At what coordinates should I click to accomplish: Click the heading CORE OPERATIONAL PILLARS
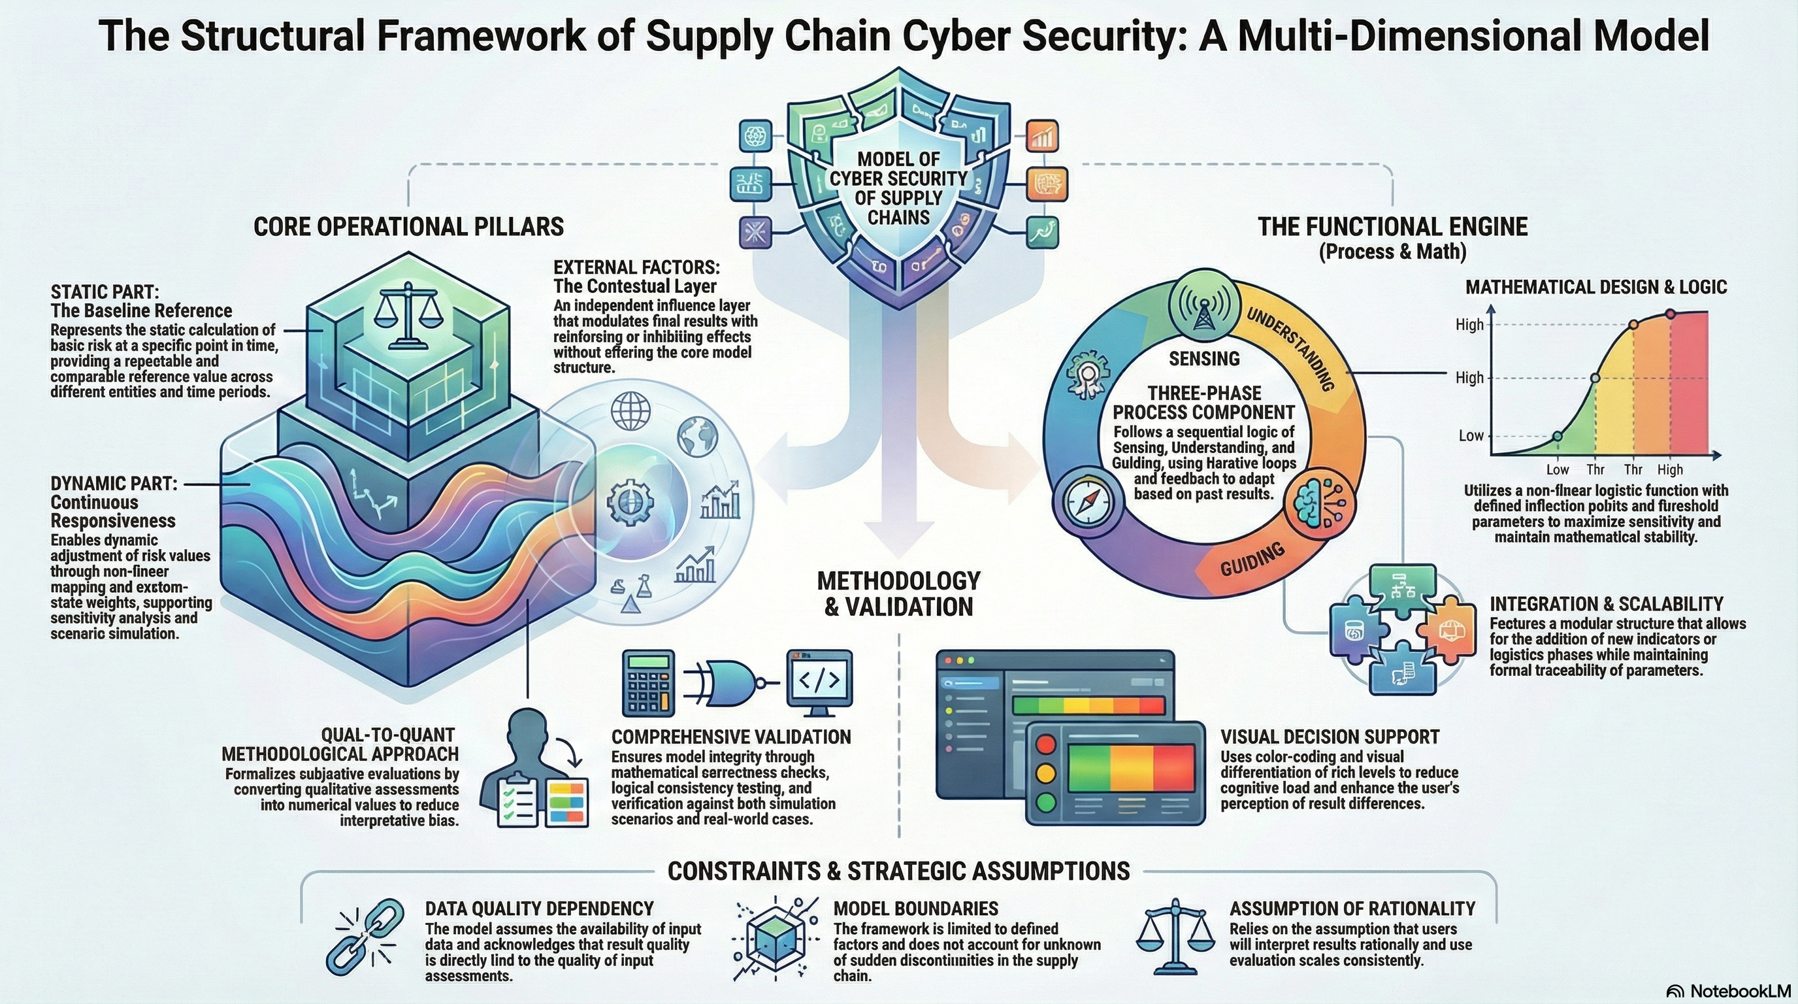click(x=408, y=227)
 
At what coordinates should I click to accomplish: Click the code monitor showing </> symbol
click(x=819, y=680)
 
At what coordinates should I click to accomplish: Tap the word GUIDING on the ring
click(x=1252, y=560)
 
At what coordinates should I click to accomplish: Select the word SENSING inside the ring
click(x=1204, y=359)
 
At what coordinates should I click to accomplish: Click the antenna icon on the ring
click(x=1203, y=308)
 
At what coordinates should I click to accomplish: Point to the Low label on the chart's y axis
click(x=1471, y=436)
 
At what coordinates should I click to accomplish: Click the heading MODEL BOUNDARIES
click(x=916, y=909)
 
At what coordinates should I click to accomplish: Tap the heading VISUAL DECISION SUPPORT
click(x=1330, y=737)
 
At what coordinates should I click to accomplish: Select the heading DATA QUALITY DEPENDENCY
click(x=539, y=909)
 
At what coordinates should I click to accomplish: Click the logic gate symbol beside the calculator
click(x=726, y=680)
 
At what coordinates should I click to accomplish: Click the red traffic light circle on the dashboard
click(x=1045, y=745)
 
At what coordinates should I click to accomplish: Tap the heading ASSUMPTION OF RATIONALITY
click(x=1352, y=909)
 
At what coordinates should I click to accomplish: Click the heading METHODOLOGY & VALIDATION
click(x=898, y=594)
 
